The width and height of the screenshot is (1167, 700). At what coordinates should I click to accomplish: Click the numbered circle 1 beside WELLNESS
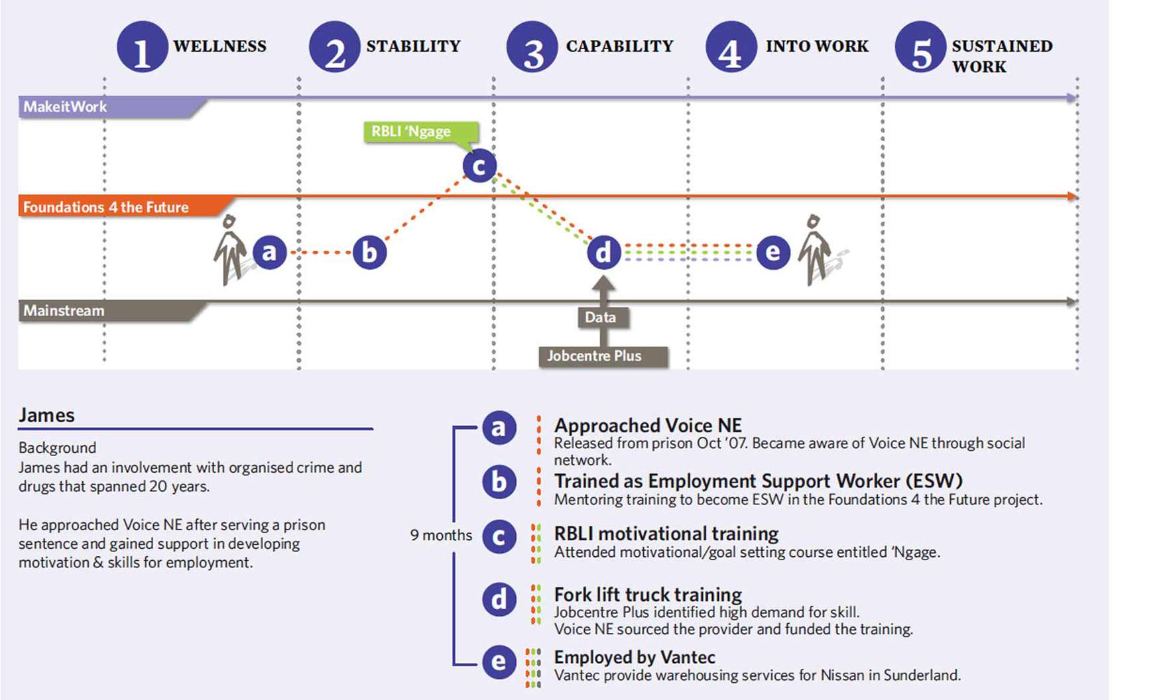point(143,47)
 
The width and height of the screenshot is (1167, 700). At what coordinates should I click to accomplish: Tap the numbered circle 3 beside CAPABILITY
point(532,47)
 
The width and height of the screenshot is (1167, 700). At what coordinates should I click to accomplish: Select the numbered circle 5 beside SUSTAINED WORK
point(921,47)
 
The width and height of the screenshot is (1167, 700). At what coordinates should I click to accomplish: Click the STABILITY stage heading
point(413,46)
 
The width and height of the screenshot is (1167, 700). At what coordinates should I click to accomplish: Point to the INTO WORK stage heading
point(817,46)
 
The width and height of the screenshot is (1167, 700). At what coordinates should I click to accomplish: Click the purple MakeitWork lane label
point(65,107)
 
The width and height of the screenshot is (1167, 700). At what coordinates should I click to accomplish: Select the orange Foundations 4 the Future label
point(106,207)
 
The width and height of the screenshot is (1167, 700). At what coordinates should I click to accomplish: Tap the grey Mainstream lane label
point(64,311)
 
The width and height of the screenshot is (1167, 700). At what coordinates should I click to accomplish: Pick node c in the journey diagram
point(479,166)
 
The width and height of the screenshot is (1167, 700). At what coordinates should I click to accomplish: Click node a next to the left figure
point(269,253)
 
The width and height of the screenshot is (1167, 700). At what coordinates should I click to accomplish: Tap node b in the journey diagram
point(369,253)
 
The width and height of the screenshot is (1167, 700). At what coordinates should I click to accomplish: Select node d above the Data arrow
point(603,253)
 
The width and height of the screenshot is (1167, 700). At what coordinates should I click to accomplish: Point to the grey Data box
point(601,318)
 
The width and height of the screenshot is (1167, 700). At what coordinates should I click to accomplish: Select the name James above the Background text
point(46,416)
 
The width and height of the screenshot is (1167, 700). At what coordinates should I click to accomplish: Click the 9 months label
point(441,535)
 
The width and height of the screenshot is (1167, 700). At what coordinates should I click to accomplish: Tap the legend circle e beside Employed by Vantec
point(499,662)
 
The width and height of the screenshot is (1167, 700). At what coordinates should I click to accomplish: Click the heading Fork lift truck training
point(648,595)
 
